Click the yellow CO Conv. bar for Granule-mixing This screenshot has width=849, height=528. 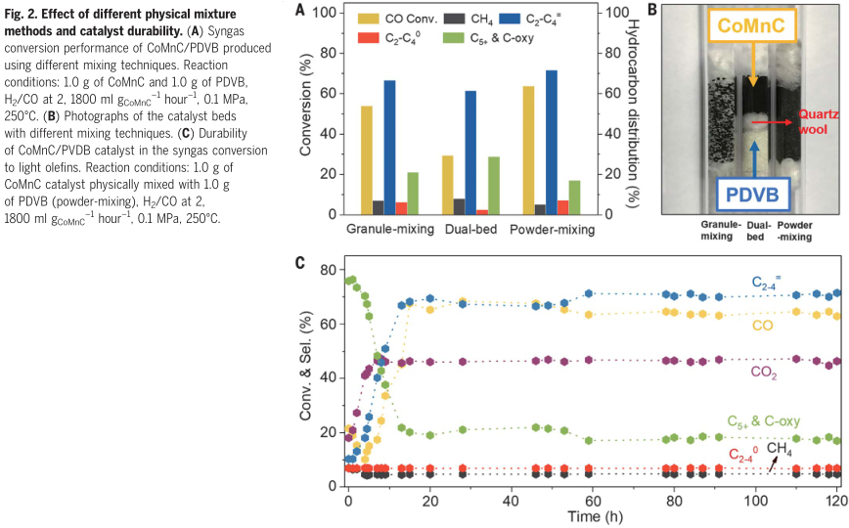(x=367, y=160)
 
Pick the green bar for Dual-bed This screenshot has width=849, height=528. (x=494, y=186)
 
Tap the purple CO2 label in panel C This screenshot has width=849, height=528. (x=764, y=373)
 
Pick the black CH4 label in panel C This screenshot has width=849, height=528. (x=779, y=448)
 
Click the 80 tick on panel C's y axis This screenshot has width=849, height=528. (x=329, y=270)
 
